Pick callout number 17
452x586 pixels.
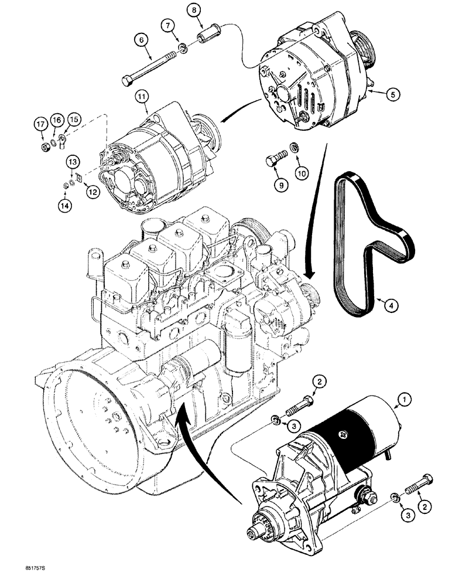(40, 123)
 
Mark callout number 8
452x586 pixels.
(194, 10)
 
